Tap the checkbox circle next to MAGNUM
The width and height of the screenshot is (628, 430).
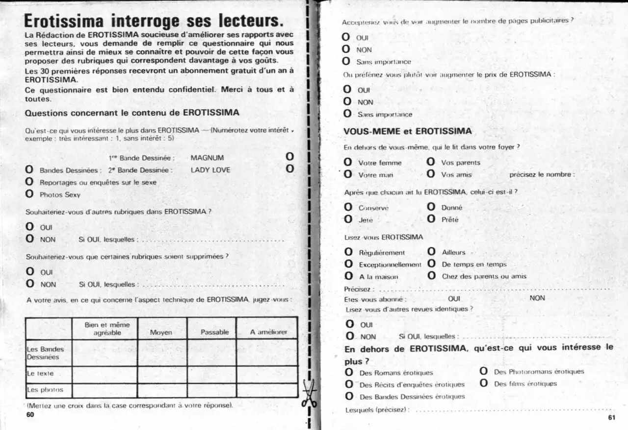tap(289, 157)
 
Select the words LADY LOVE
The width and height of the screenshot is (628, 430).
tap(210, 170)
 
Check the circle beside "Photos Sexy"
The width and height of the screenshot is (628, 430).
tap(29, 194)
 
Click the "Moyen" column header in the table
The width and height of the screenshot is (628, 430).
tap(161, 332)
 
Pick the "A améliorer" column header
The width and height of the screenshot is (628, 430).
tap(268, 332)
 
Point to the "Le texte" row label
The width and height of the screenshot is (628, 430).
tap(40, 373)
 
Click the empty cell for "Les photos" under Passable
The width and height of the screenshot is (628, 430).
tap(211, 390)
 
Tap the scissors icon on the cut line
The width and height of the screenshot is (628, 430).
tap(310, 393)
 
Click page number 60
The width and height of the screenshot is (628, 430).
tap(30, 414)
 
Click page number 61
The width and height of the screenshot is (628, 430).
tap(611, 418)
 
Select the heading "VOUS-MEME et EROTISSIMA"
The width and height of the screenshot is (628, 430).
tap(408, 131)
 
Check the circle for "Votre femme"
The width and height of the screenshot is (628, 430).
tap(348, 162)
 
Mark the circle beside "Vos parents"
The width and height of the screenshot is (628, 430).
tap(431, 162)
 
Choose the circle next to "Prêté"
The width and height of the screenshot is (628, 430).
tap(431, 219)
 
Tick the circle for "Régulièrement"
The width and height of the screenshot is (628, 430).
tap(348, 252)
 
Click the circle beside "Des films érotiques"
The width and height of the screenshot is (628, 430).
tap(484, 383)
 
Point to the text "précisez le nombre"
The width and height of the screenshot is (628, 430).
tap(541, 174)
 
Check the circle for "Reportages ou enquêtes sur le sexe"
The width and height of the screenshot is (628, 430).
tap(29, 182)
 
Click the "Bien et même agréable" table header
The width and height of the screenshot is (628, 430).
tap(107, 328)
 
